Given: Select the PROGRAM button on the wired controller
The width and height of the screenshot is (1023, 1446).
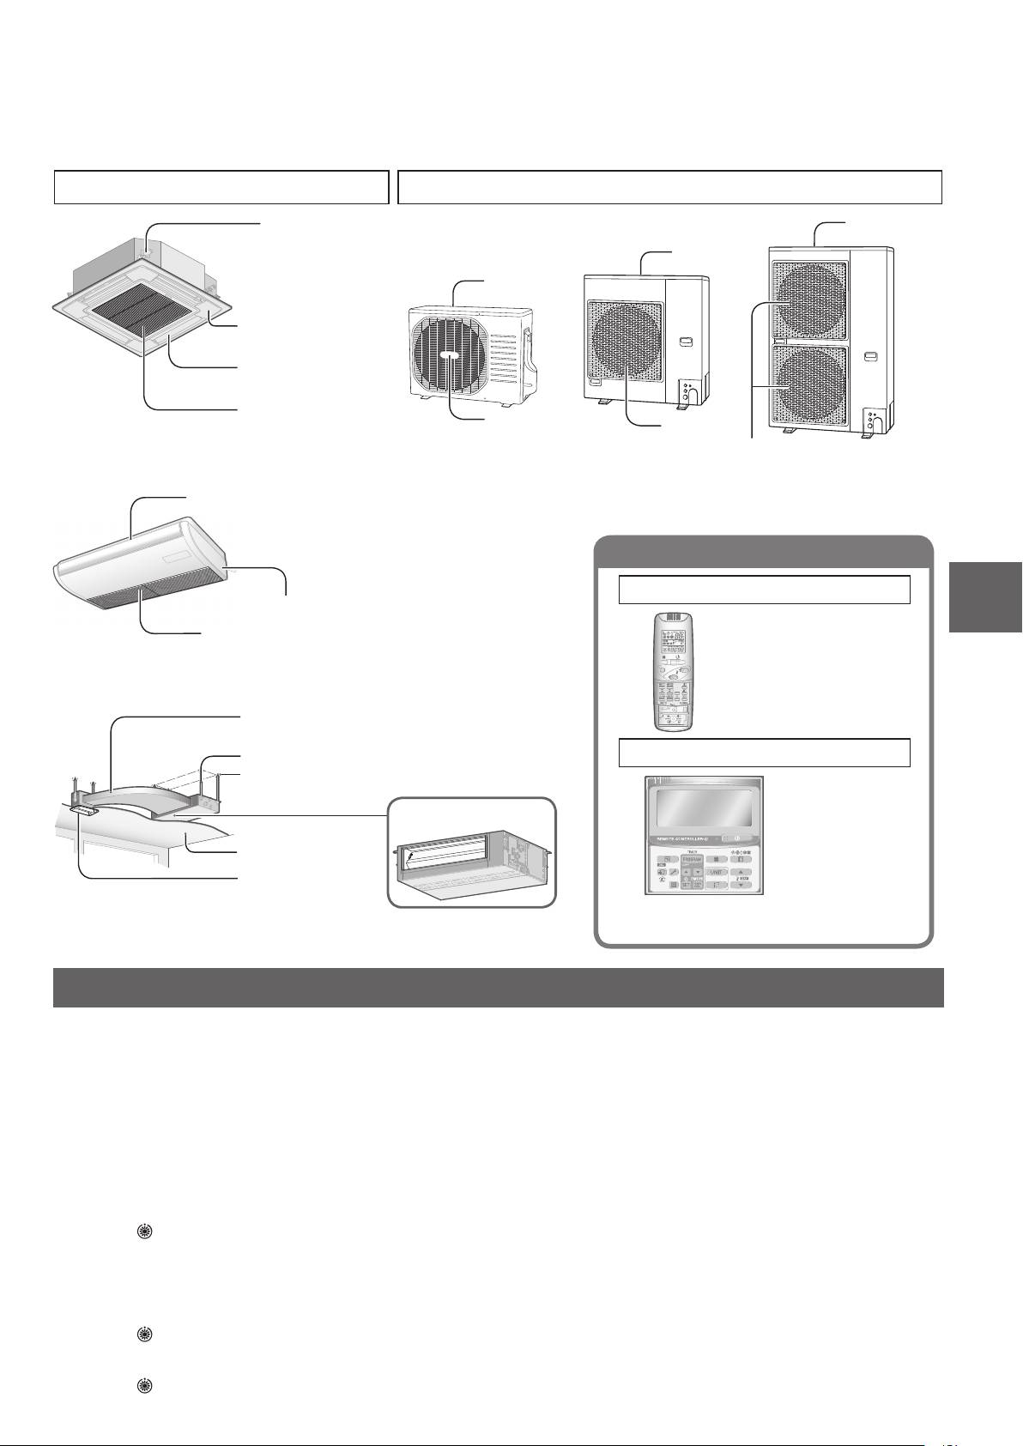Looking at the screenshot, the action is point(693,859).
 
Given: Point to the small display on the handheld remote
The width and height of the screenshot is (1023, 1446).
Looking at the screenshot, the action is point(674,638).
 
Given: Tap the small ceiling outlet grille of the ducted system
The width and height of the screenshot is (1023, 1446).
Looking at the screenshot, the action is point(86,809).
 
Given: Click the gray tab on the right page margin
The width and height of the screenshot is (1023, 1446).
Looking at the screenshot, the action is point(985,597).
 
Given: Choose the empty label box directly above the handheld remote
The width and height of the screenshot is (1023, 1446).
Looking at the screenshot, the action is point(764,590).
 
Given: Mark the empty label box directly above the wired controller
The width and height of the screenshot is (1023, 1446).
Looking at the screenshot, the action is point(764,753).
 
